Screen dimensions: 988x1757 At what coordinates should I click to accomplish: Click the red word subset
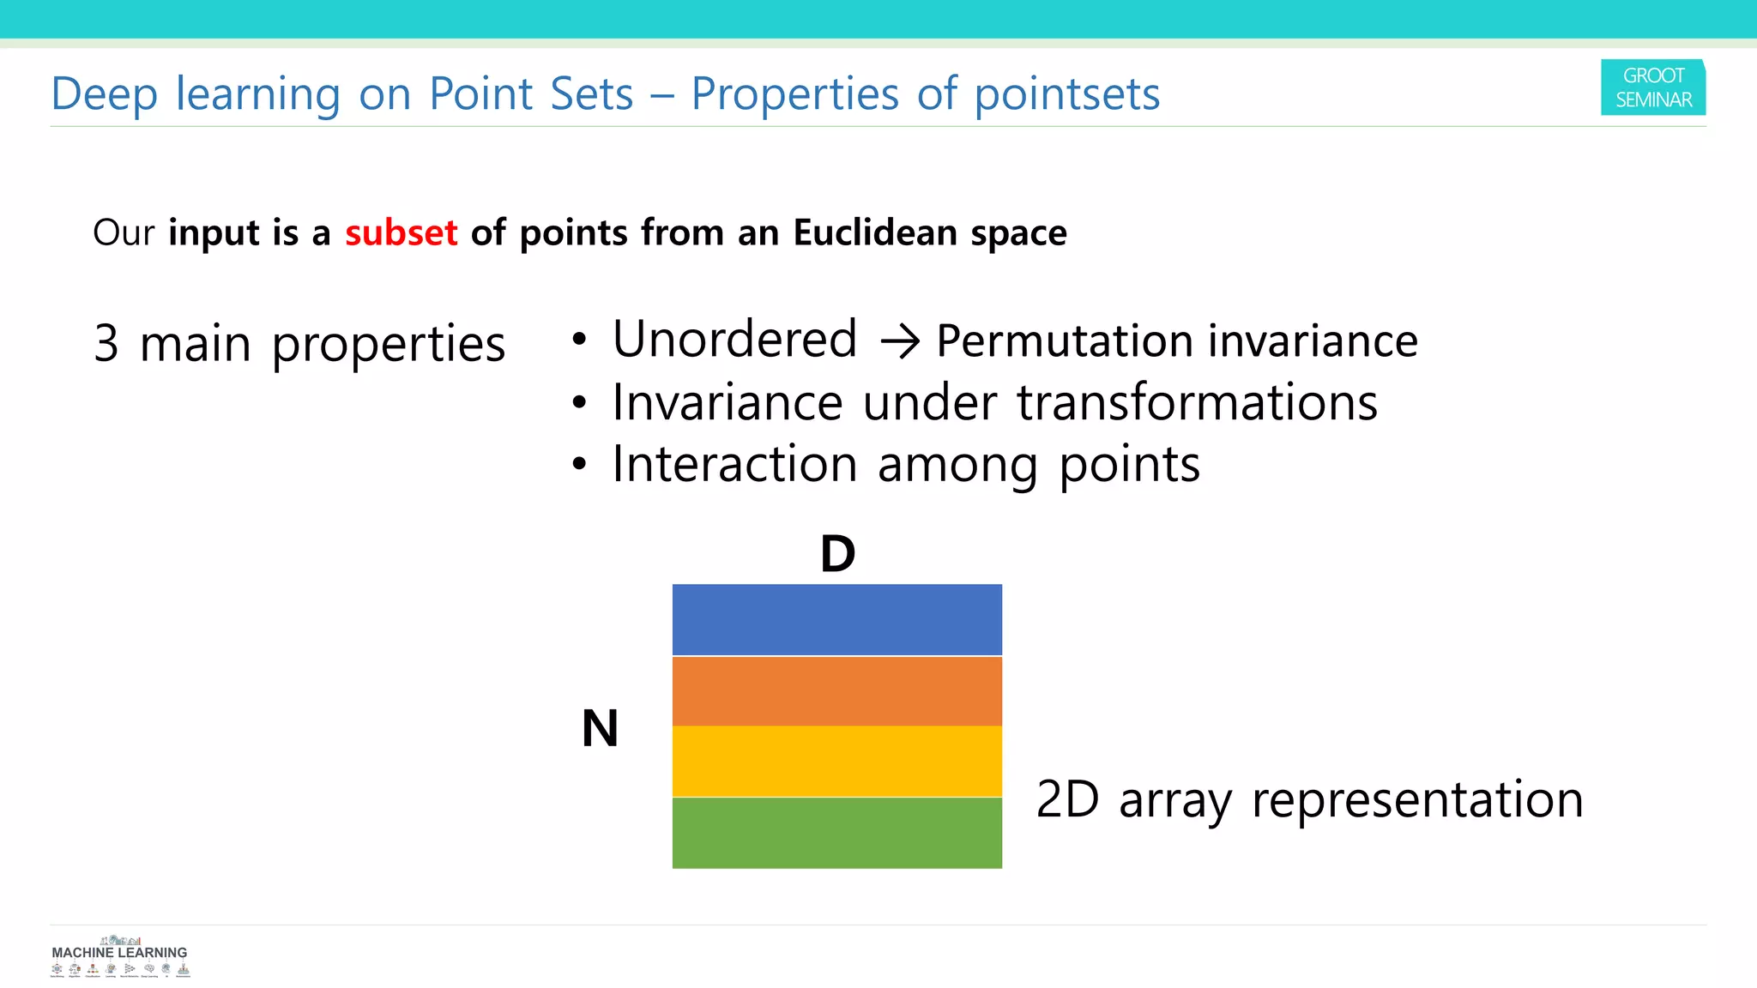point(401,233)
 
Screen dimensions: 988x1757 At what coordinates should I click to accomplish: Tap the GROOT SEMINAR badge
point(1652,87)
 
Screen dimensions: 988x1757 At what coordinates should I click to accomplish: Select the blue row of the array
point(836,619)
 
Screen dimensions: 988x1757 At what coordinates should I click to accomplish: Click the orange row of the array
point(836,691)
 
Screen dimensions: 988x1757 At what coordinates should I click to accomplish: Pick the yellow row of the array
point(836,762)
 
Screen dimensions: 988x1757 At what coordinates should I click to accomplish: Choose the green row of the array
point(836,833)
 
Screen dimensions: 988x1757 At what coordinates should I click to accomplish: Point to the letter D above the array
point(837,554)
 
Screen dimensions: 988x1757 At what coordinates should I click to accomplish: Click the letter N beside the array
point(600,729)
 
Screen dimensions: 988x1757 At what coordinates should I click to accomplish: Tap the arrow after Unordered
point(900,341)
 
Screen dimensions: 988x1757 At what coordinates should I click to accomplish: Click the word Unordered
point(734,340)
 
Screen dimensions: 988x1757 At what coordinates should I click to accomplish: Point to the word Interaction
point(734,465)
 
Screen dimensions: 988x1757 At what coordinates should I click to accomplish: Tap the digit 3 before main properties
point(106,344)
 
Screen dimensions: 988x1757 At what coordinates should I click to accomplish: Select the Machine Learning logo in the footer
point(119,957)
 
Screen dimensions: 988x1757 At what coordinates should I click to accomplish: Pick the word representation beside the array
point(1416,800)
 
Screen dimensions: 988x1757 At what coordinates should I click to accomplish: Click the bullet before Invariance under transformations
point(580,402)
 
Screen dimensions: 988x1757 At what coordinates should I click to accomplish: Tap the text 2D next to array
point(1066,799)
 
